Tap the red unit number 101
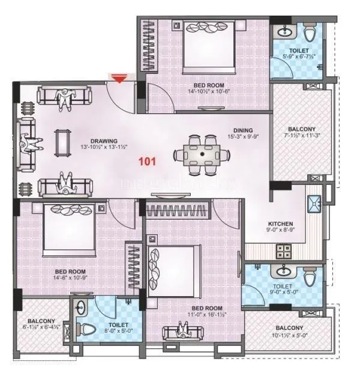click(148, 160)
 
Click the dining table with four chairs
click(203, 154)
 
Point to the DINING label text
click(243, 130)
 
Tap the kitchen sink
click(315, 204)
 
